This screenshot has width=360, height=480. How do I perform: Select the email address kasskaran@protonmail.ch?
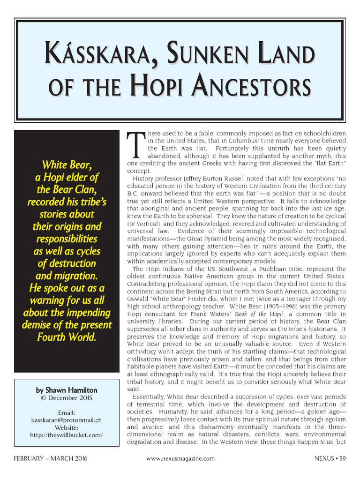(x=66, y=420)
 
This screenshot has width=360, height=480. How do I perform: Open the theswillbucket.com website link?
(x=66, y=435)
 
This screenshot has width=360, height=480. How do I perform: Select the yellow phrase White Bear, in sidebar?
(x=66, y=165)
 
